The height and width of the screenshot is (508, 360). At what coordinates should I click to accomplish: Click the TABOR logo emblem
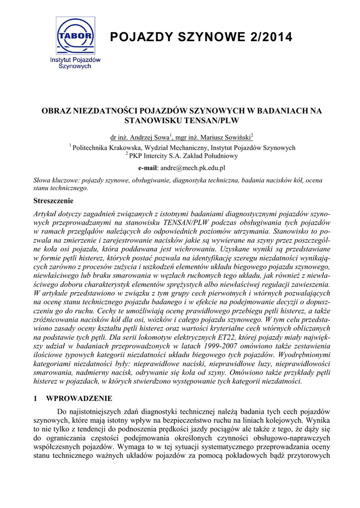tap(75, 36)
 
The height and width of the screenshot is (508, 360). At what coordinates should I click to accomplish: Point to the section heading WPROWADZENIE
tap(79, 398)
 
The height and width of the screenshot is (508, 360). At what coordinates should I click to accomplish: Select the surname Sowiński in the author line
tap(237, 137)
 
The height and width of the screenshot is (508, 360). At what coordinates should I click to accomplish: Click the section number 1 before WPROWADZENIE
tap(35, 398)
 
